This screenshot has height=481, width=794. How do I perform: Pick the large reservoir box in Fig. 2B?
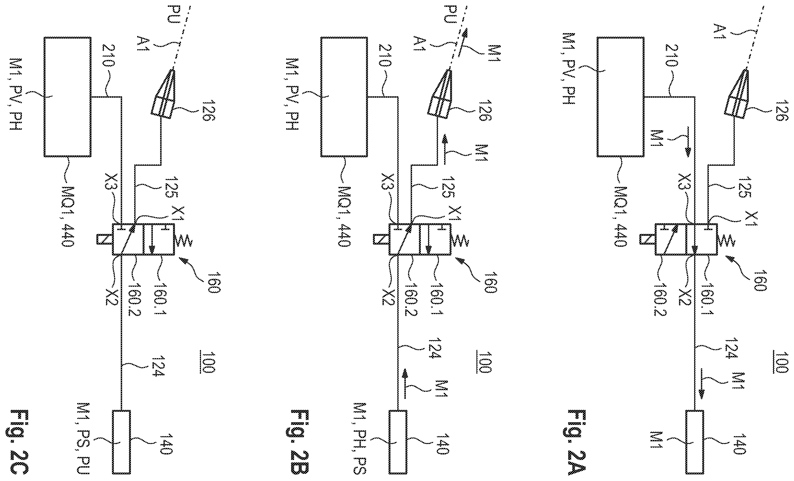(x=344, y=97)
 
